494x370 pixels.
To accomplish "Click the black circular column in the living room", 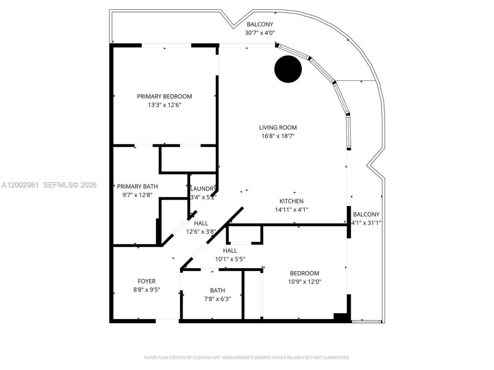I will [x=288, y=69].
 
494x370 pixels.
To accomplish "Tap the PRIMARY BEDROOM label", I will [x=164, y=96].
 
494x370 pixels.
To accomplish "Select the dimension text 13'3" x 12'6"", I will [x=164, y=105].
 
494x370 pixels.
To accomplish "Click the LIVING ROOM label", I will [x=278, y=128].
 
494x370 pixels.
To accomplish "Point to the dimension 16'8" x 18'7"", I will [x=278, y=136].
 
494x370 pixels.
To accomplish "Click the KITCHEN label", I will [x=291, y=201].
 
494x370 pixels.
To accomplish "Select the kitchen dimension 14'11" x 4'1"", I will [x=291, y=210].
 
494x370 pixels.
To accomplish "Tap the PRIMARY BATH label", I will [x=137, y=187].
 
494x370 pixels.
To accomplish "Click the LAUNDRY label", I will [x=203, y=189].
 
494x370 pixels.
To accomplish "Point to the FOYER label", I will [x=147, y=281].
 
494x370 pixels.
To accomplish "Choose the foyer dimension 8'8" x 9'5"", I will [x=147, y=290].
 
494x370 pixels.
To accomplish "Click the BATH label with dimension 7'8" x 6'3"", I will [x=217, y=291].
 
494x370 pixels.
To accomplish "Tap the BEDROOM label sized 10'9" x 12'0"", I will [x=305, y=273].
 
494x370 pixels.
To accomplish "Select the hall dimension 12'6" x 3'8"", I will [x=201, y=232].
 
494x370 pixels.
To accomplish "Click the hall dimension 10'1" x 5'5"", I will [x=230, y=259].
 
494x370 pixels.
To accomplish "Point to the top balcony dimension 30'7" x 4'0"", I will [x=260, y=33].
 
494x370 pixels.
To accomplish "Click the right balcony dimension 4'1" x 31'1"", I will [x=366, y=223].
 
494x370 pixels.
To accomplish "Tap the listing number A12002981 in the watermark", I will [x=20, y=185].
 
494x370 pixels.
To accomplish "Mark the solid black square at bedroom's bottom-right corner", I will [x=340, y=316].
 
